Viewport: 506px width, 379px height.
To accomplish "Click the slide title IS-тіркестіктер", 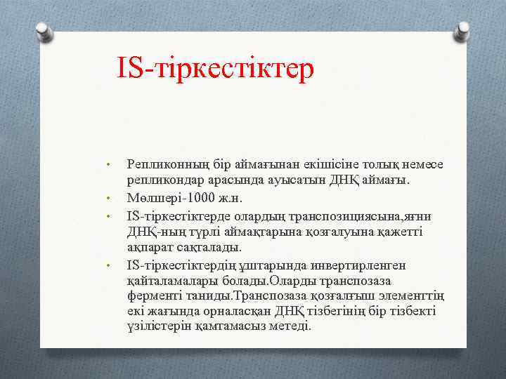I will pyautogui.click(x=216, y=70).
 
